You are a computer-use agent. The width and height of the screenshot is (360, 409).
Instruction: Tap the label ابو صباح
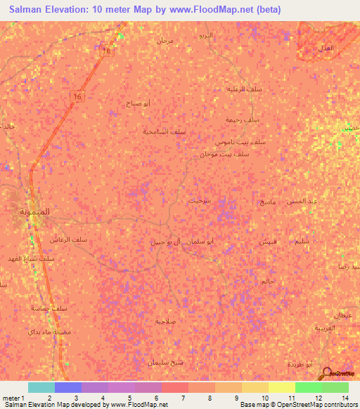(138, 103)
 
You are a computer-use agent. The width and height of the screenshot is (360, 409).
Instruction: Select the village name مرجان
(165, 40)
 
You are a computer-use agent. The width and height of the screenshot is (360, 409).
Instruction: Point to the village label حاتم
(267, 281)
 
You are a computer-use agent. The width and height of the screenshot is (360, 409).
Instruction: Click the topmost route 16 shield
(106, 52)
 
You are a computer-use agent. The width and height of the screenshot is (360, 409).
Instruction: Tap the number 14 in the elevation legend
(345, 398)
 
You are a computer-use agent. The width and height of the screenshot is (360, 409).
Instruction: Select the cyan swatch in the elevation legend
(41, 387)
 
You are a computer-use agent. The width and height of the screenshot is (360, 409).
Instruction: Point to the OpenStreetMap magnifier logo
(327, 372)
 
